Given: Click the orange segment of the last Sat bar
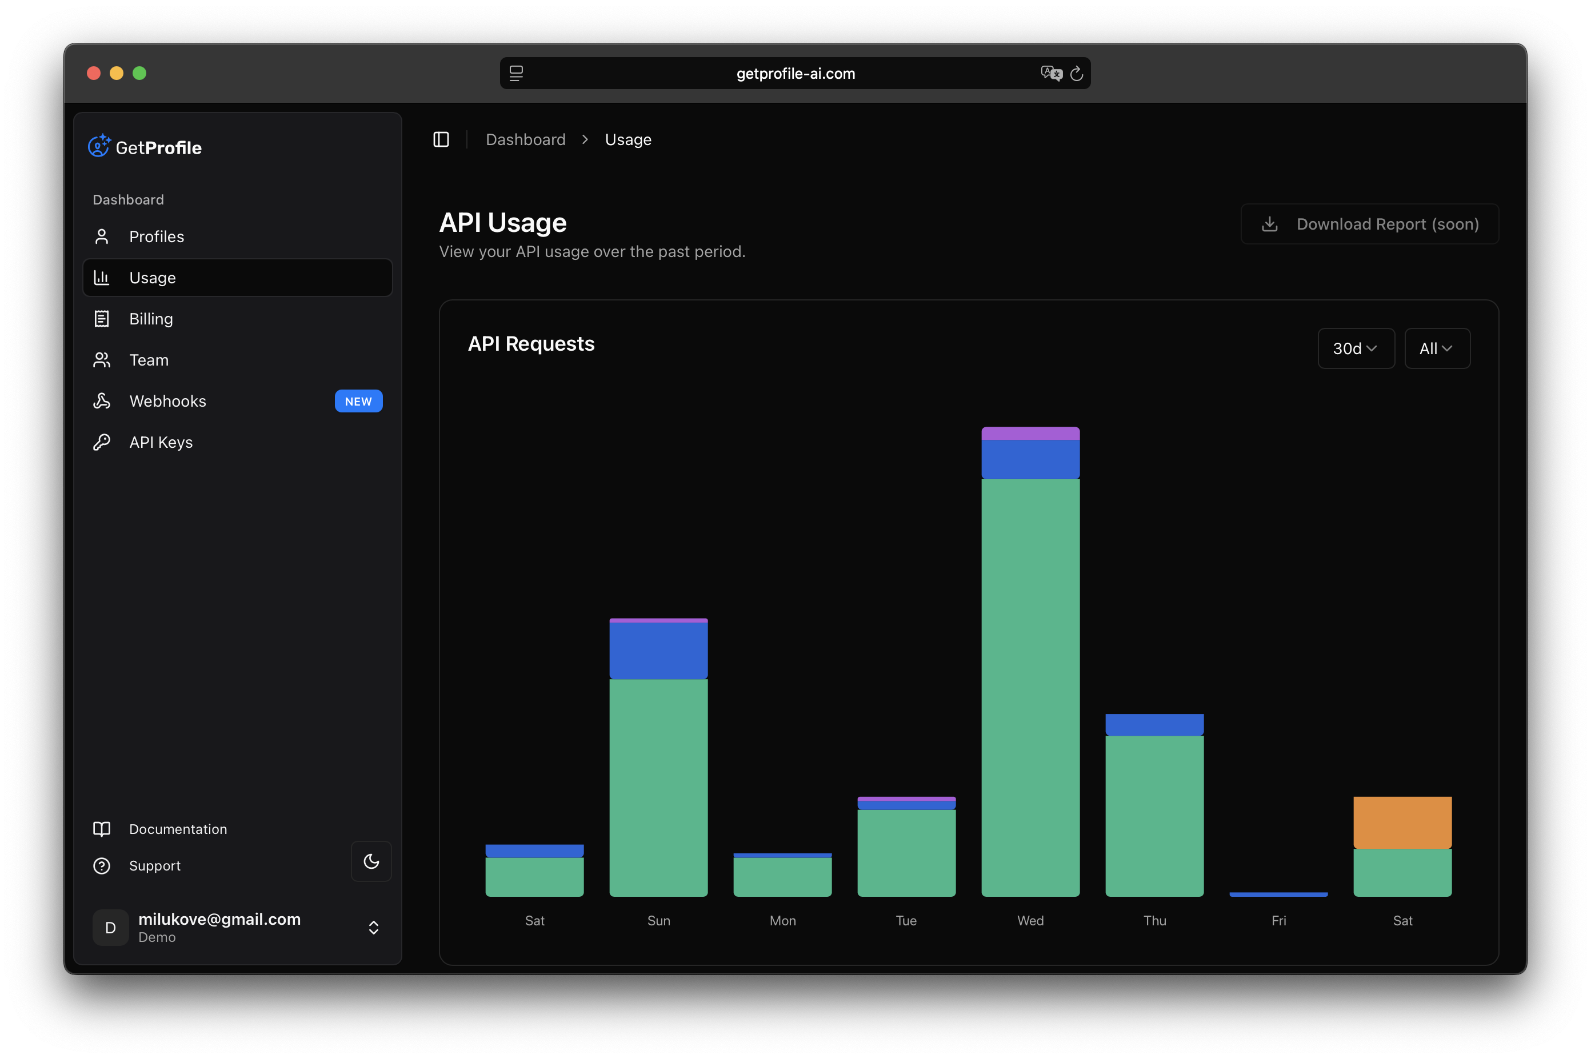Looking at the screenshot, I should (1402, 822).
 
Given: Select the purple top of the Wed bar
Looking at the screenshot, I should (1030, 433).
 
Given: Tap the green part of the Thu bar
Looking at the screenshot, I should (1154, 815).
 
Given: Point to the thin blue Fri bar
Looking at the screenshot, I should (1278, 894).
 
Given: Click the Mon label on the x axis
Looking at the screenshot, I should (782, 921).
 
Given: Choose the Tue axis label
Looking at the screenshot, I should (906, 921).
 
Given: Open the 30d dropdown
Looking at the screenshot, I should (1355, 348).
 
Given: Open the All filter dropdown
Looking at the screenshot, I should (1436, 348).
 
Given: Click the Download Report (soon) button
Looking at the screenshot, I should (1369, 224).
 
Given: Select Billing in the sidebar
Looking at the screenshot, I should (151, 319).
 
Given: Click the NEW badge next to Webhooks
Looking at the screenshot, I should (358, 401).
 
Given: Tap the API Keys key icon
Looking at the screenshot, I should (101, 442).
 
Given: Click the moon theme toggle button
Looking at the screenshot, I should (371, 861).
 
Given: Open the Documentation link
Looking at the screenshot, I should (178, 829).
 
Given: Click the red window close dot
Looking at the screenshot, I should (94, 73).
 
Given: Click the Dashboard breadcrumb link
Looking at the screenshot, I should (525, 140).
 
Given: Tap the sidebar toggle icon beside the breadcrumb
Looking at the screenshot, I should (441, 140).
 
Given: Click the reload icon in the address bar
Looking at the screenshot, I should (1076, 74).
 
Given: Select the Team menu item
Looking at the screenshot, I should (149, 360).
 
